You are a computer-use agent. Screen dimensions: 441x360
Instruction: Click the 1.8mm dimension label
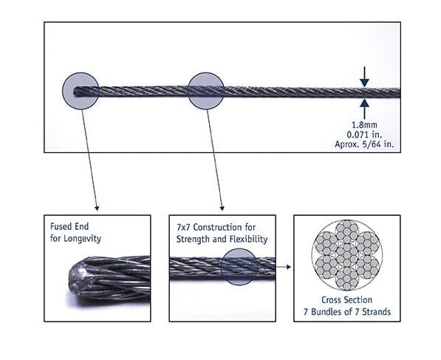coord(364,125)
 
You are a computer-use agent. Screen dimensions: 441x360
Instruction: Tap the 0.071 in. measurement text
coord(364,135)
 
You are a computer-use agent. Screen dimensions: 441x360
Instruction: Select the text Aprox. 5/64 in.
coord(364,144)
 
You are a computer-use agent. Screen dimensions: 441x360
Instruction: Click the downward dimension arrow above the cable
coord(364,77)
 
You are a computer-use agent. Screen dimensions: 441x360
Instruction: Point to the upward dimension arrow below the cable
coord(364,109)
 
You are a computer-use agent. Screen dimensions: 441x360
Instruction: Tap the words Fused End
coord(69,226)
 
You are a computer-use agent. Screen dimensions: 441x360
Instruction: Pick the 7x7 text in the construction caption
coord(184,227)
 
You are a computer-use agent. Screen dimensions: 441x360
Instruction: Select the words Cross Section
coord(346,300)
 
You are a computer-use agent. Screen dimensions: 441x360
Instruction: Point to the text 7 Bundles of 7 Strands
coord(347,312)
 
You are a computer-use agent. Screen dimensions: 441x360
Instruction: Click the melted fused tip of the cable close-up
coord(81,279)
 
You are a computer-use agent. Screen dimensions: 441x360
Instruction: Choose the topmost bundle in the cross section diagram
coord(347,231)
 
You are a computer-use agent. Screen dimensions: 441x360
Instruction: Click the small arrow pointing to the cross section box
coord(283,267)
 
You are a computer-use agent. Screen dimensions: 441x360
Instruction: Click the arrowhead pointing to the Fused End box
coord(97,208)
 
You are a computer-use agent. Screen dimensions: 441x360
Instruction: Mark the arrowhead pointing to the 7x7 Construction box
coord(222,208)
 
